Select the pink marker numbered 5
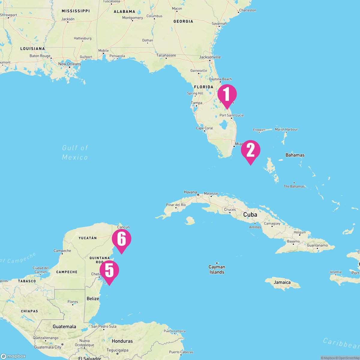(109, 271)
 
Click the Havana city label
(190, 192)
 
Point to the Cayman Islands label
(217, 269)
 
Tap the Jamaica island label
(282, 282)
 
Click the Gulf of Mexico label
(75, 152)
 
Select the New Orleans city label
(70, 64)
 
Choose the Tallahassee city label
(166, 55)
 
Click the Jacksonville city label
(210, 57)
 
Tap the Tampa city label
(196, 103)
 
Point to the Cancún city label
(124, 227)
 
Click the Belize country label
(93, 298)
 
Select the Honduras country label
(122, 341)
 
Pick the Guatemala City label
(48, 347)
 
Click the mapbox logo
(13, 356)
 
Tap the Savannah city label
(219, 23)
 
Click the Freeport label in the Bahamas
(259, 130)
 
